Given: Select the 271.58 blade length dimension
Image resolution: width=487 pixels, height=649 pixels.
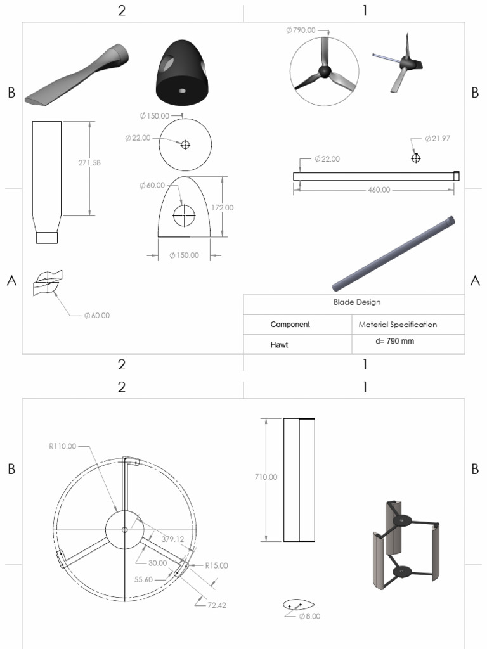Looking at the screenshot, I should coord(89,163).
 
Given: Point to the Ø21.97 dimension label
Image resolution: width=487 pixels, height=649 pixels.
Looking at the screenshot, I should coord(437,138).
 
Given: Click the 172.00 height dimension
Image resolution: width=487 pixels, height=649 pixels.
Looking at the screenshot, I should coord(222,207).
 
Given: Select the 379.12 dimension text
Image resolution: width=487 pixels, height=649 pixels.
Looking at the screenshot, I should coord(168,539).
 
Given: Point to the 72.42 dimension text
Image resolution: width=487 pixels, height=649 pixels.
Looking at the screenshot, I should coord(216,605).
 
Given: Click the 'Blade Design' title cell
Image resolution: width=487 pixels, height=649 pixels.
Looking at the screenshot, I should coord(356,302).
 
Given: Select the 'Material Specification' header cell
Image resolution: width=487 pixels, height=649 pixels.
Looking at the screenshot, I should coord(398,324).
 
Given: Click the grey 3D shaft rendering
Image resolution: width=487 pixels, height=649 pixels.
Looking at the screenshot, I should coord(394,252).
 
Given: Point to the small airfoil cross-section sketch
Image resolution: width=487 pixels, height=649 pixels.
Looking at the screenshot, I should coord(299,604).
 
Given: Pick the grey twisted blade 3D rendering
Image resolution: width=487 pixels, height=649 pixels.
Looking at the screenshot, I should coord(77,75).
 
